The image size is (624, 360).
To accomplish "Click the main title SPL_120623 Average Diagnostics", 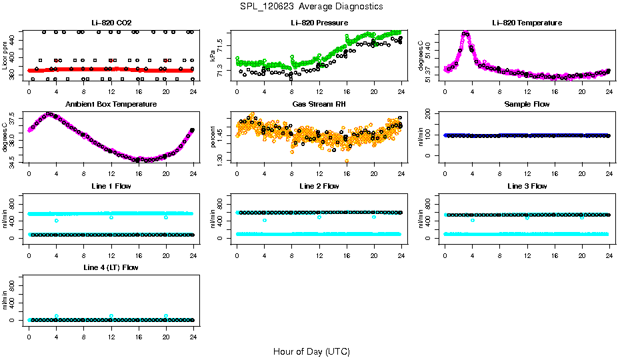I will pos(312,7).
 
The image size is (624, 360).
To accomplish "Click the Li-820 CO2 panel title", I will pos(111,23).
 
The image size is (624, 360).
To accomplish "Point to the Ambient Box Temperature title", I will pos(111,105).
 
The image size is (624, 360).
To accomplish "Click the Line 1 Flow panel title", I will pos(111,186).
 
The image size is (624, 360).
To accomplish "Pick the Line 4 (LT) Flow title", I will pos(111,267).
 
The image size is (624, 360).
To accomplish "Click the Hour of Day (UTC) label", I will pos(311,351).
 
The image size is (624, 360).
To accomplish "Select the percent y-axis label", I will pos(213,137).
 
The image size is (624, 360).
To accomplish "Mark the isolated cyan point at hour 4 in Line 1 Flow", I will pos(57,221).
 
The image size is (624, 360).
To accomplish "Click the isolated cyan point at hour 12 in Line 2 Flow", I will pos(319,217).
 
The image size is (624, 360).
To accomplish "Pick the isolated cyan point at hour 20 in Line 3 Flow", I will pos(582,218).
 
